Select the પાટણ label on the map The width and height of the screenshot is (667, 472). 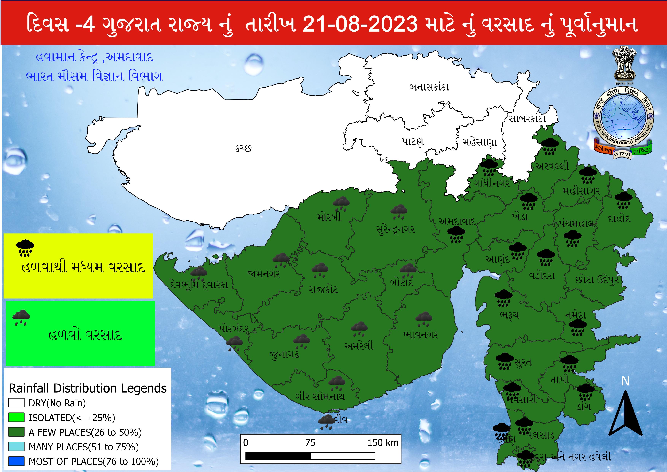413,142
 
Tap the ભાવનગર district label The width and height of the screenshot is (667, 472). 420,335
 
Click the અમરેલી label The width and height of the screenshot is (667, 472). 359,346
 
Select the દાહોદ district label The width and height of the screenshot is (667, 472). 619,218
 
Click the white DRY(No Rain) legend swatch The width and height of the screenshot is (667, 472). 16,403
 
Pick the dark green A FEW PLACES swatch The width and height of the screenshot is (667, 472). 16,432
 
